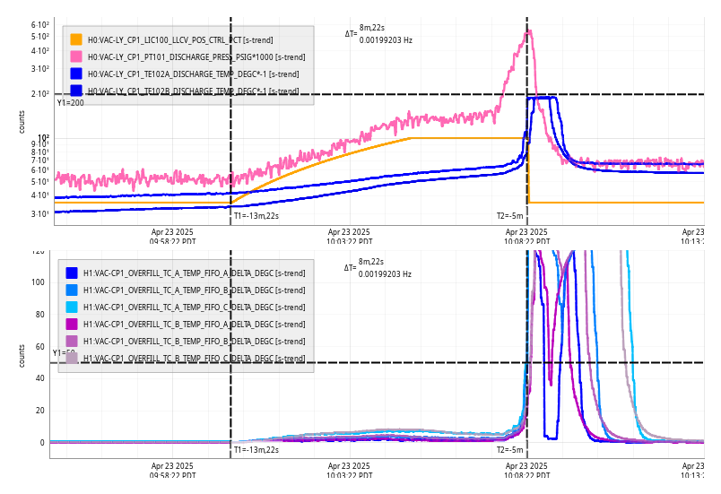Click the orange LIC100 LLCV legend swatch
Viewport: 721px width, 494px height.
coord(76,39)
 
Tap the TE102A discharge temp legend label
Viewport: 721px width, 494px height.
coord(193,74)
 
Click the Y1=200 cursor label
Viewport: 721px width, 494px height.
coord(70,102)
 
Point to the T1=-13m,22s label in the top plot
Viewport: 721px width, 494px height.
coord(256,215)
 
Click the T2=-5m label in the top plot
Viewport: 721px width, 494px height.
coord(509,215)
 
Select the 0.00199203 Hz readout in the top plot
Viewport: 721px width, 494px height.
coord(386,39)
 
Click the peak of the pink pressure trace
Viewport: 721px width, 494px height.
coord(529,31)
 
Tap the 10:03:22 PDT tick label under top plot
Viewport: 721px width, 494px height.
coord(349,236)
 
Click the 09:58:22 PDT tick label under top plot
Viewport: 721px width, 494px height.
coord(172,236)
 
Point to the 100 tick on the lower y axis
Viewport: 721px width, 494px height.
coord(38,282)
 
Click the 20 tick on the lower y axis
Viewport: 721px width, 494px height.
coord(39,411)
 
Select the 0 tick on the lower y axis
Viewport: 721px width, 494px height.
coord(41,443)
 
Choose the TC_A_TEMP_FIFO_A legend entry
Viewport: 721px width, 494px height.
coord(194,273)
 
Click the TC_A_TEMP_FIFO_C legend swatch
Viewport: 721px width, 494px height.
coord(72,307)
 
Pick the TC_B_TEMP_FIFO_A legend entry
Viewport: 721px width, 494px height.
coord(194,324)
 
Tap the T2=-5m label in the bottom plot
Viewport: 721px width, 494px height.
coord(509,450)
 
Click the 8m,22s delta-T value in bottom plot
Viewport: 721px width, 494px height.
coord(370,262)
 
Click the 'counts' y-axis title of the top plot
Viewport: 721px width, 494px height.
coord(22,122)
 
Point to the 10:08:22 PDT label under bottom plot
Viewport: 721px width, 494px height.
coord(526,471)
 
